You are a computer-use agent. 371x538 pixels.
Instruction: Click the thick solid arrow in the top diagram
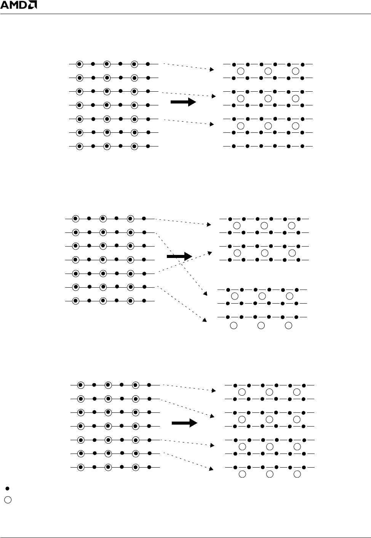click(183, 102)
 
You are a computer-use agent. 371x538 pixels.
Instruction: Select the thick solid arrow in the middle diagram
click(179, 257)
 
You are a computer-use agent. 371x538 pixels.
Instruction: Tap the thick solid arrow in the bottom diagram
click(184, 423)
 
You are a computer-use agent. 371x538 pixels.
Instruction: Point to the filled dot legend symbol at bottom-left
click(7, 488)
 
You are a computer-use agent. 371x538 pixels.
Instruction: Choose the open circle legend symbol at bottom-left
click(8, 500)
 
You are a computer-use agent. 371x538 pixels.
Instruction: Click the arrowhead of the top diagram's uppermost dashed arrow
click(211, 70)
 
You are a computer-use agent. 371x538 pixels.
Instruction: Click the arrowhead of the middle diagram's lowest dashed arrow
click(205, 320)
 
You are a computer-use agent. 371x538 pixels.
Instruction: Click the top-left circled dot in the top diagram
click(79, 64)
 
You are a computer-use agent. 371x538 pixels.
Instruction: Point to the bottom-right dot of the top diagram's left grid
click(148, 146)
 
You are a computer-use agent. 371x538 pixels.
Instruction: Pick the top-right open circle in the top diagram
click(296, 71)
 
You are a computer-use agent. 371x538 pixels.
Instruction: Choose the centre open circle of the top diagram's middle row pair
click(268, 98)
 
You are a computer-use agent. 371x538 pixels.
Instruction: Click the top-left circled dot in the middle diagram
click(75, 218)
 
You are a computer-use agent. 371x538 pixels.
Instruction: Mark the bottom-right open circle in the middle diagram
click(289, 325)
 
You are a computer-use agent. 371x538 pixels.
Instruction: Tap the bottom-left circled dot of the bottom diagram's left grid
click(81, 467)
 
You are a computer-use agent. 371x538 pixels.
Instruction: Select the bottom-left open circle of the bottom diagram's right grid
click(242, 474)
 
